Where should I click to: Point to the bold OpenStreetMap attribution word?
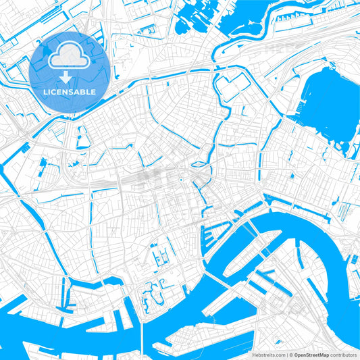[310, 355]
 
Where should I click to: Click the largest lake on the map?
[329, 108]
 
